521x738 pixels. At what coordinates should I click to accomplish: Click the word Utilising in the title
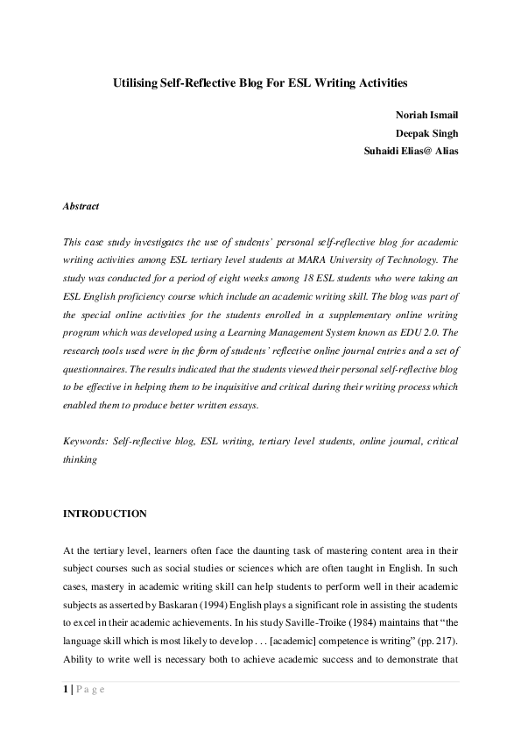[x=134, y=83]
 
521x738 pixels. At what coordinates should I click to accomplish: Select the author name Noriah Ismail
[x=426, y=115]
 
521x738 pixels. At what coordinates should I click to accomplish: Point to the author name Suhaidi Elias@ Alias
[x=411, y=150]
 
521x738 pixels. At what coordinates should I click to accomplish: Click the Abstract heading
[x=81, y=207]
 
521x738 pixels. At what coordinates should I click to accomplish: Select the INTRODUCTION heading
[x=105, y=514]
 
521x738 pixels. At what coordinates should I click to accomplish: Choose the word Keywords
[x=86, y=443]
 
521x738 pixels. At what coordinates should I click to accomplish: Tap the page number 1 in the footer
[x=66, y=690]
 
